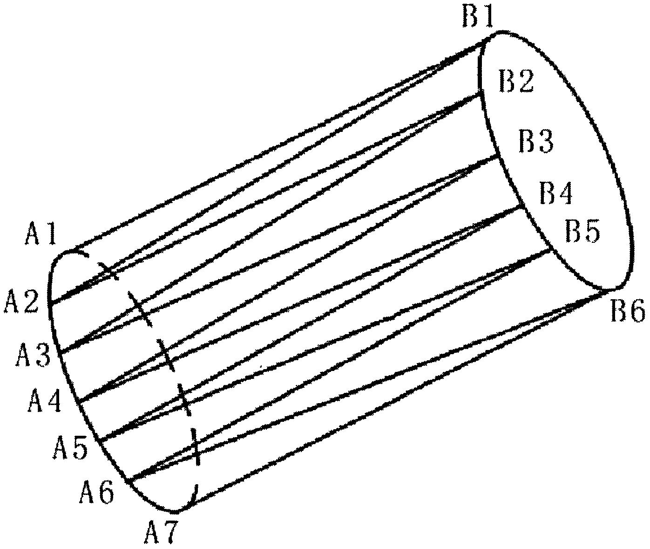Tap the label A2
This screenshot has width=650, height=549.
(x=21, y=302)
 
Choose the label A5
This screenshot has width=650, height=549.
(x=70, y=448)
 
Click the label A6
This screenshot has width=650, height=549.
(x=97, y=493)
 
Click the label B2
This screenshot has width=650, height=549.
(x=516, y=81)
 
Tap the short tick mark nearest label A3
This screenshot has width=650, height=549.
(x=140, y=309)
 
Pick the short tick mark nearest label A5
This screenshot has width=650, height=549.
(x=183, y=400)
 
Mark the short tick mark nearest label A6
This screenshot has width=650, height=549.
(x=195, y=447)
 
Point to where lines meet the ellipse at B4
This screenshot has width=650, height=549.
(x=522, y=206)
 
